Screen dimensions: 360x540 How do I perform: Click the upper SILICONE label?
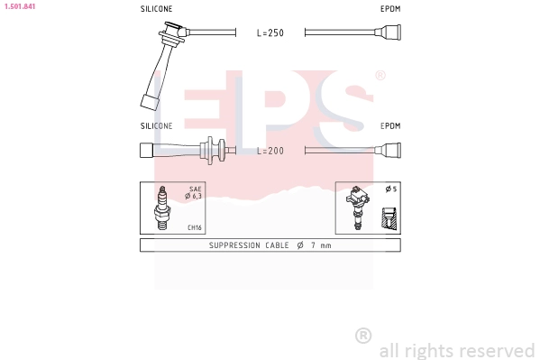(x=156, y=8)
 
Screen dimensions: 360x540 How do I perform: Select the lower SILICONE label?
(x=156, y=126)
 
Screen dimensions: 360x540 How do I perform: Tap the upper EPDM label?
(x=389, y=8)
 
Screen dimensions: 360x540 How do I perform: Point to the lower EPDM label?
(x=389, y=126)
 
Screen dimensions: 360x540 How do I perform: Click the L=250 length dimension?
(x=270, y=33)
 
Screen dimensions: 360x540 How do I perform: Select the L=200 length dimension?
(x=270, y=151)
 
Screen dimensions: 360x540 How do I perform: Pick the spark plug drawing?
(x=162, y=208)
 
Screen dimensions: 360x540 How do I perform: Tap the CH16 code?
(x=194, y=227)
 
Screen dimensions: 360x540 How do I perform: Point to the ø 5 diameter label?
(x=389, y=189)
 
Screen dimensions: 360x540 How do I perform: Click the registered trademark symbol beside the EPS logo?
(x=380, y=76)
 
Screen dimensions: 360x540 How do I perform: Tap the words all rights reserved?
(x=457, y=350)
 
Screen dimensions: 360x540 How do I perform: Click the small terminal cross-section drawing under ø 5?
(x=389, y=217)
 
